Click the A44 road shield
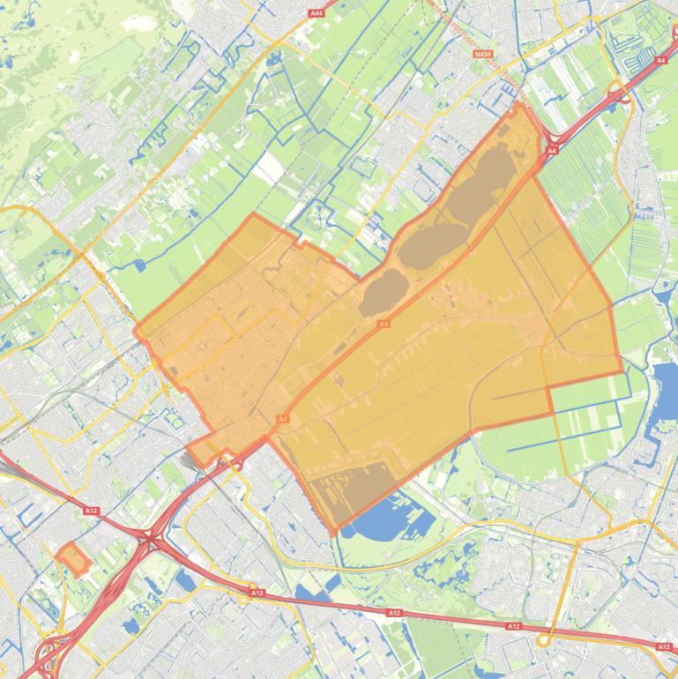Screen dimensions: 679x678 pos(317,13)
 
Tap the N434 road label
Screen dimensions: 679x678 pos(482,54)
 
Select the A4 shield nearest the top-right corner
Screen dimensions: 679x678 pos(660,60)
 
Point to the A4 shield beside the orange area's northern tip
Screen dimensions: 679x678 pos(551,151)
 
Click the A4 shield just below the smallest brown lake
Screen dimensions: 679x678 pos(384,325)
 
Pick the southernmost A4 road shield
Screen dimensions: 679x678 pos(283,419)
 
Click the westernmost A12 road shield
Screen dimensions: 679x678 pos(91,511)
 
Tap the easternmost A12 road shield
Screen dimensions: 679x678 pos(664,646)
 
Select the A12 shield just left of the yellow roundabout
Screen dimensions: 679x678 pos(257,593)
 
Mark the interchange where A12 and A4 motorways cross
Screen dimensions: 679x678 pos(152,536)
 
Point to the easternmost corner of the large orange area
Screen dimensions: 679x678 pos(622,372)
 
